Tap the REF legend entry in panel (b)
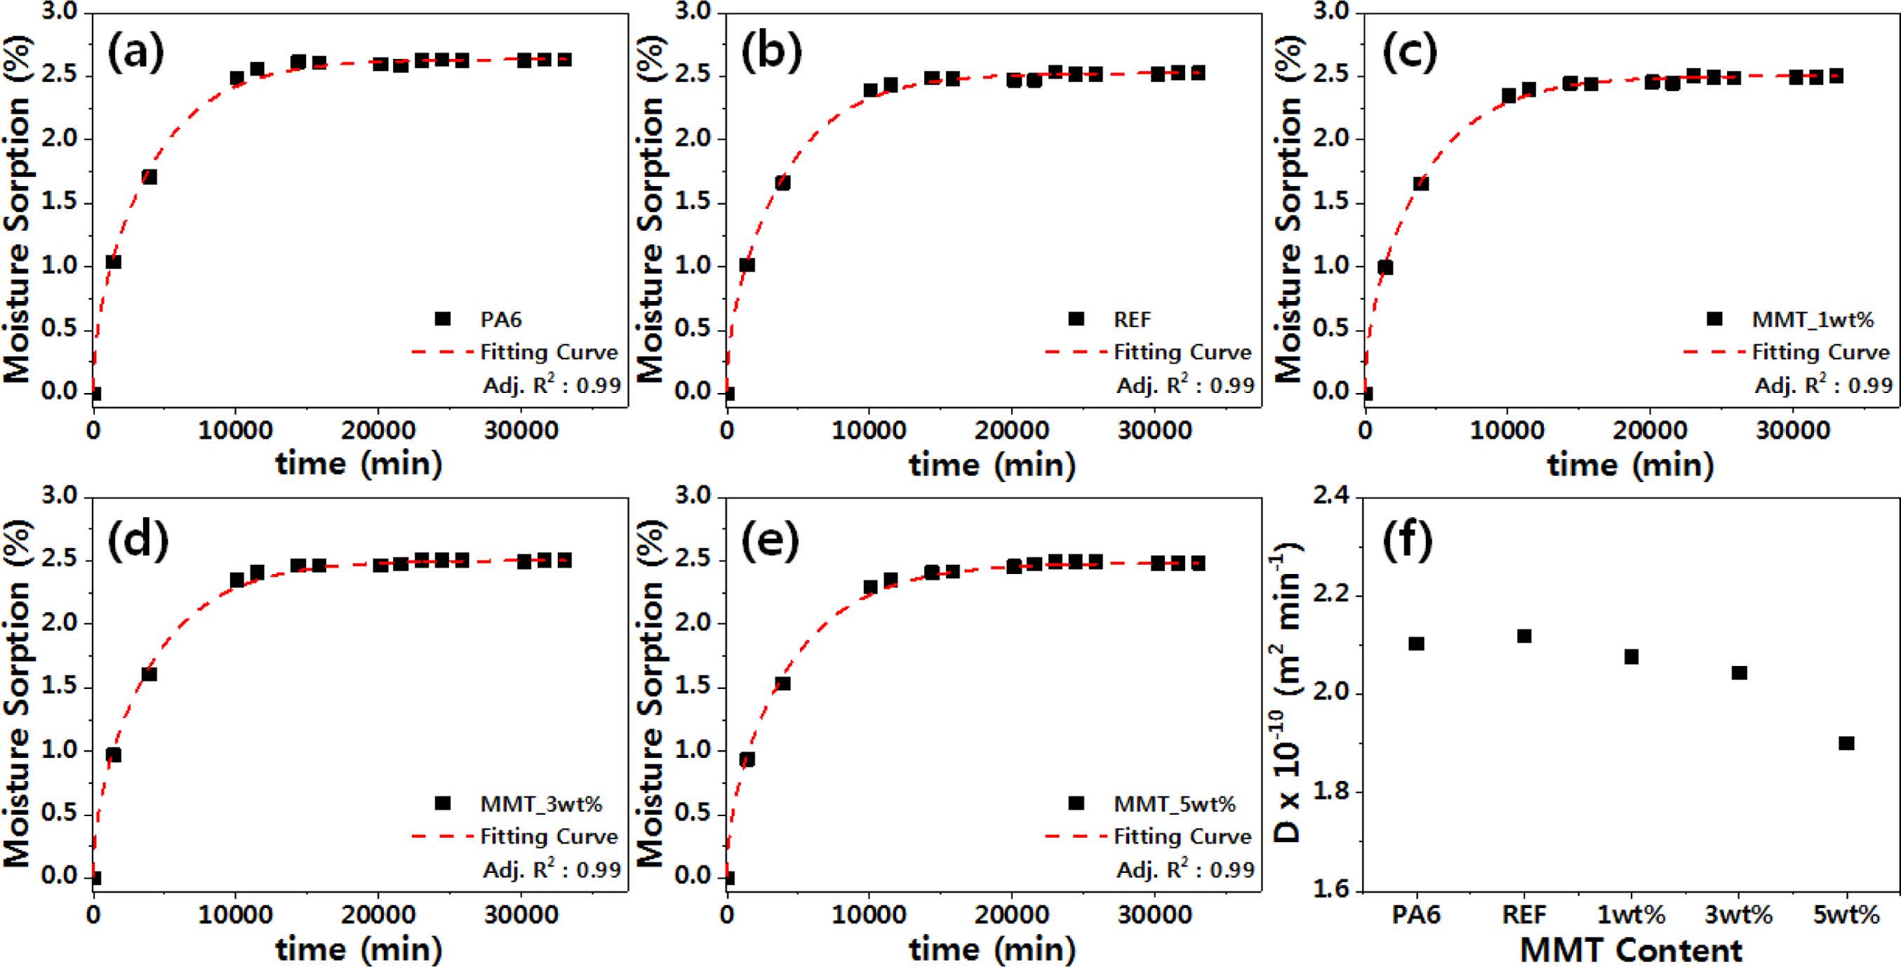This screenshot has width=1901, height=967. point(1132,319)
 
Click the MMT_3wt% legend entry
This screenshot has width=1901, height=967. point(540,804)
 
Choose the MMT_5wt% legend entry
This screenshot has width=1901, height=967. point(1174,804)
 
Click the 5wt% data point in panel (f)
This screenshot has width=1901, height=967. point(1846,743)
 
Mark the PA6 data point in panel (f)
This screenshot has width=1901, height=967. point(1416,643)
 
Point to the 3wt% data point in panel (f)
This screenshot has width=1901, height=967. point(1740,672)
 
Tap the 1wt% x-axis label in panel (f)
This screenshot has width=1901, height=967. point(1631,915)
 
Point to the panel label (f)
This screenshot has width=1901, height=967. point(1407,539)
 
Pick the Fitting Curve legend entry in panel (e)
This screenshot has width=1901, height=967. point(1182,836)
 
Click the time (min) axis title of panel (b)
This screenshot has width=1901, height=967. point(992,465)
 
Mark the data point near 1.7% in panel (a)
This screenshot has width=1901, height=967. point(149,177)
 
